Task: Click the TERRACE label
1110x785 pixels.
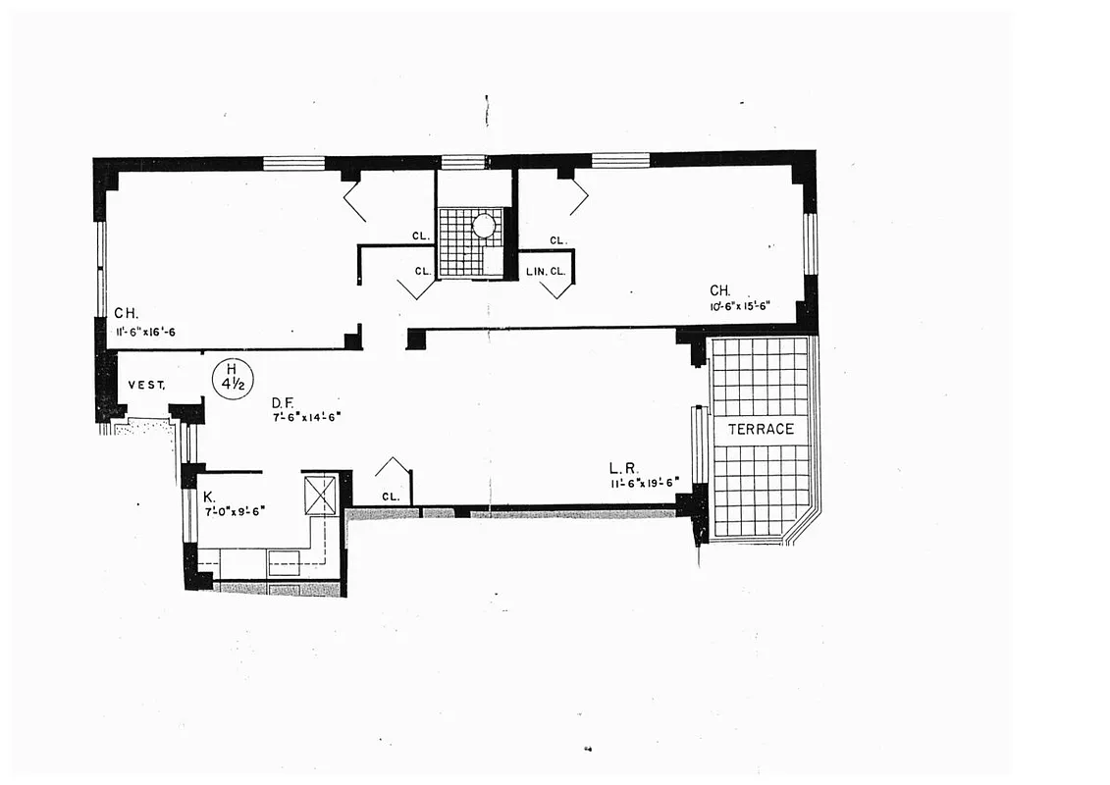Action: pyautogui.click(x=761, y=430)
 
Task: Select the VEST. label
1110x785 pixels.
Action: pyautogui.click(x=147, y=386)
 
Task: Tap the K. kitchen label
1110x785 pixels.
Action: pyautogui.click(x=209, y=497)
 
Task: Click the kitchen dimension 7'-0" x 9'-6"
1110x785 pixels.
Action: pyautogui.click(x=235, y=510)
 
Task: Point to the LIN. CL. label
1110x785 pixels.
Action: pyautogui.click(x=545, y=271)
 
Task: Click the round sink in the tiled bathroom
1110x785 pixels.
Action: pyautogui.click(x=484, y=225)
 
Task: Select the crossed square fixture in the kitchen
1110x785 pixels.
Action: pyautogui.click(x=320, y=496)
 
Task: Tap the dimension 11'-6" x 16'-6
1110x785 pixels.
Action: pyautogui.click(x=145, y=332)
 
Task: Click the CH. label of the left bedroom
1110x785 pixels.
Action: pyautogui.click(x=125, y=314)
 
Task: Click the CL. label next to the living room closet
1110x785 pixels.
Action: pyautogui.click(x=391, y=497)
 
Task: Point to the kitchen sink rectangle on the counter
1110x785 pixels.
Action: pyautogui.click(x=284, y=562)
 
